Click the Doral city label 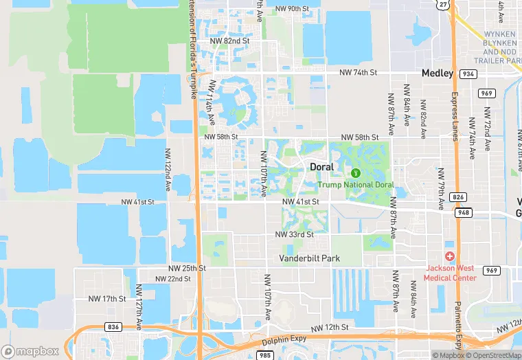click(321, 167)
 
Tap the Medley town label click(437, 74)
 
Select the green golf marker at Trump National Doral click(356, 172)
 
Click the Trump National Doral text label click(355, 185)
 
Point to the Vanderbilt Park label click(309, 258)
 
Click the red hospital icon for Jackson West click(450, 256)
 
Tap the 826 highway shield click(458, 197)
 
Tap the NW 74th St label click(359, 72)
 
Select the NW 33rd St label click(294, 234)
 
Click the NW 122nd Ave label click(168, 170)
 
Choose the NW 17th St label click(107, 299)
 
